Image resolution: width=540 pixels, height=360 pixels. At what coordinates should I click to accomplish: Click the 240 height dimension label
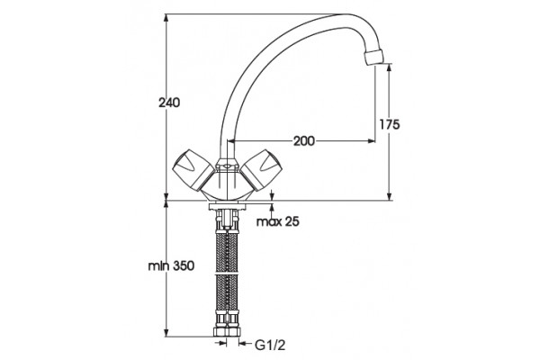click(x=169, y=103)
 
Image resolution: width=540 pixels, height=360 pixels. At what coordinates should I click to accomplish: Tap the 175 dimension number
click(x=390, y=124)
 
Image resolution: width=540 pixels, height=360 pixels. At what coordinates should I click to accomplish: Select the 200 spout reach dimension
click(x=304, y=140)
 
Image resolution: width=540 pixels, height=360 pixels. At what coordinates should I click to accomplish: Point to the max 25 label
click(x=278, y=221)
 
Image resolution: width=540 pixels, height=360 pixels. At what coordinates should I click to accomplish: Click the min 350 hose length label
click(x=171, y=265)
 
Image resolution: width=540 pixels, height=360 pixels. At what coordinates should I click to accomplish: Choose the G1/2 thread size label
click(x=270, y=345)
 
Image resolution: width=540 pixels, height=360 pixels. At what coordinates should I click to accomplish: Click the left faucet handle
click(x=193, y=169)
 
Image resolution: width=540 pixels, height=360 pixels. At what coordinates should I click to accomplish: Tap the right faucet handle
click(x=262, y=170)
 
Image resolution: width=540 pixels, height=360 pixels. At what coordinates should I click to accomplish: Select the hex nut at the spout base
click(x=227, y=165)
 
